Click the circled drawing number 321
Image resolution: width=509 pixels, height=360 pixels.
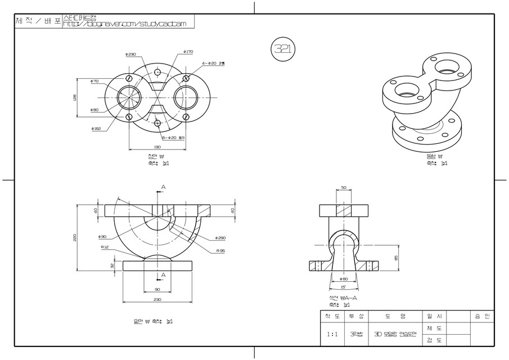[x=283, y=49]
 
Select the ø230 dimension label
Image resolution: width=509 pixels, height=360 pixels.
[x=131, y=55]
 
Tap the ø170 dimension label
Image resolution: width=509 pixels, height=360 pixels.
[x=188, y=52]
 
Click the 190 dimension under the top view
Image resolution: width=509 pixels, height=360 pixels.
[x=157, y=147]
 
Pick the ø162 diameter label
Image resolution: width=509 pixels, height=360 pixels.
[x=96, y=129]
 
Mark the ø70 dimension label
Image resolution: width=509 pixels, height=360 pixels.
[x=94, y=82]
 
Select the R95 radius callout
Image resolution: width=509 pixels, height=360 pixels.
[x=220, y=250]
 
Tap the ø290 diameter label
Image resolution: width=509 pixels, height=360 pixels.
[x=221, y=238]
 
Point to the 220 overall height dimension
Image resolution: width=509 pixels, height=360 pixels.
[x=75, y=238]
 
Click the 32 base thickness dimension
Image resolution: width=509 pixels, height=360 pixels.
[x=96, y=265]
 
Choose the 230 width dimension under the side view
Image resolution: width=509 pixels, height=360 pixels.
[x=157, y=300]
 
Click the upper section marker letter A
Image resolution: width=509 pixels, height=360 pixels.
[x=163, y=187]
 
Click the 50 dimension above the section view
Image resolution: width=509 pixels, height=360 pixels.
[x=343, y=188]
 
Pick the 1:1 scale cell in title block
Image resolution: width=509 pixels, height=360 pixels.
[x=332, y=334]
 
